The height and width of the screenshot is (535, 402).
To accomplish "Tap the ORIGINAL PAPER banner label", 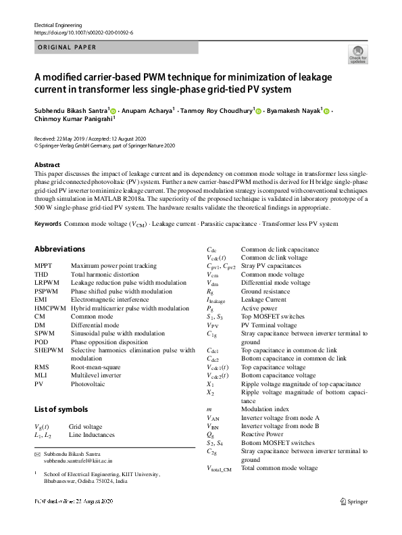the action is (x=67, y=47).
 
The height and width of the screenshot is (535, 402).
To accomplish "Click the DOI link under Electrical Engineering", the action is (x=83, y=32).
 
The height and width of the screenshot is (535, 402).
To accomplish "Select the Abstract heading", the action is (x=47, y=165).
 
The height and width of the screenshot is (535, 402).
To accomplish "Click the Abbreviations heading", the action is (x=59, y=249).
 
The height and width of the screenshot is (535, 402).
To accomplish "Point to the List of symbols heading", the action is (x=61, y=409).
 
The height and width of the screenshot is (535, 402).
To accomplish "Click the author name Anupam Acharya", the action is (x=145, y=110).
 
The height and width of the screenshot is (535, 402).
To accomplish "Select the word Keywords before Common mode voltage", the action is (x=48, y=223).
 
